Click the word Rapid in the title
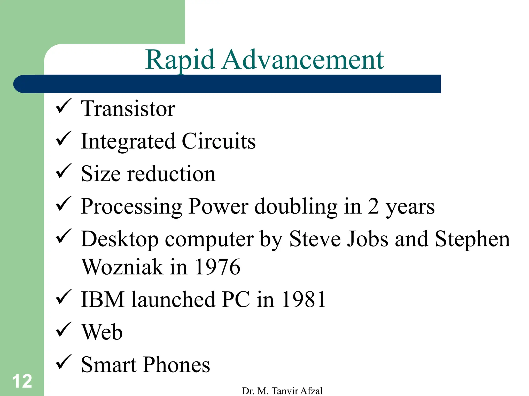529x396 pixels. pyautogui.click(x=180, y=60)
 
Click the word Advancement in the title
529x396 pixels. pyautogui.click(x=303, y=60)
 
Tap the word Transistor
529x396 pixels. pyautogui.click(x=128, y=109)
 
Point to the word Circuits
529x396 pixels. pyautogui.click(x=219, y=141)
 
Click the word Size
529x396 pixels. pyautogui.click(x=101, y=174)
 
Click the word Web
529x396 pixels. pyautogui.click(x=102, y=332)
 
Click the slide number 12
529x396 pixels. pyautogui.click(x=22, y=381)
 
